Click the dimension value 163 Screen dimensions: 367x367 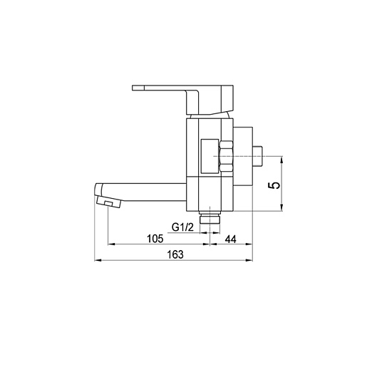[175, 254]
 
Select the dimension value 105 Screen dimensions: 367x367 [155, 239]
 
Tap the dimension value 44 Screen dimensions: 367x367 [231, 239]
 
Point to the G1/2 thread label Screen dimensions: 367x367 [182, 227]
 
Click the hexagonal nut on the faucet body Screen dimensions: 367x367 [226, 156]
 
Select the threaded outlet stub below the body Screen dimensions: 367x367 [210, 217]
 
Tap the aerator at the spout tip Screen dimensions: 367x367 [109, 202]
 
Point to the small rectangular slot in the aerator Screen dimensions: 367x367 [108, 203]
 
